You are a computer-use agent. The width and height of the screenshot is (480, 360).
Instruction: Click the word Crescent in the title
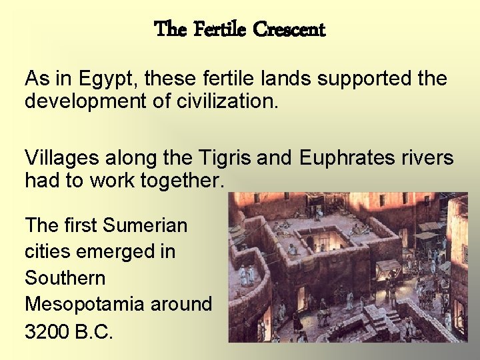click(x=289, y=30)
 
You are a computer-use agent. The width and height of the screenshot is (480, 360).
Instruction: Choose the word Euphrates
click(x=351, y=158)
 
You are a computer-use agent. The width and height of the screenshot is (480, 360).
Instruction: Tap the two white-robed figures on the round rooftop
click(x=247, y=274)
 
